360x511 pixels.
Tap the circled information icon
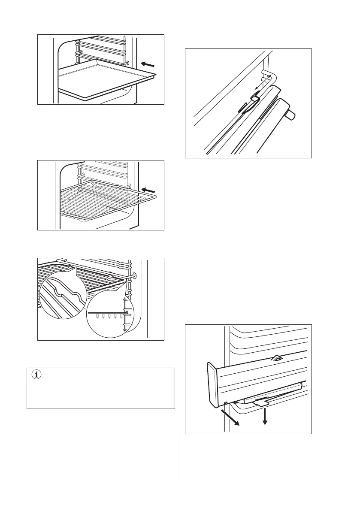(36, 375)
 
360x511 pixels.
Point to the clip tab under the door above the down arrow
(260, 402)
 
